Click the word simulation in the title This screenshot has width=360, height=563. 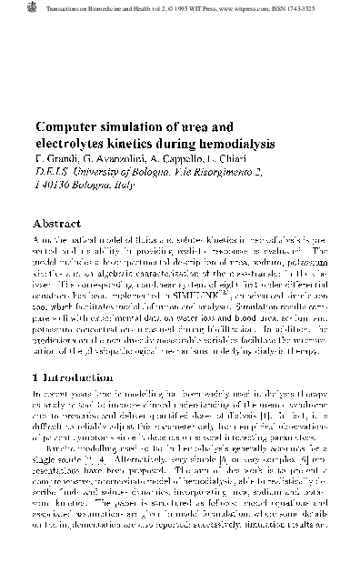click(142, 126)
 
